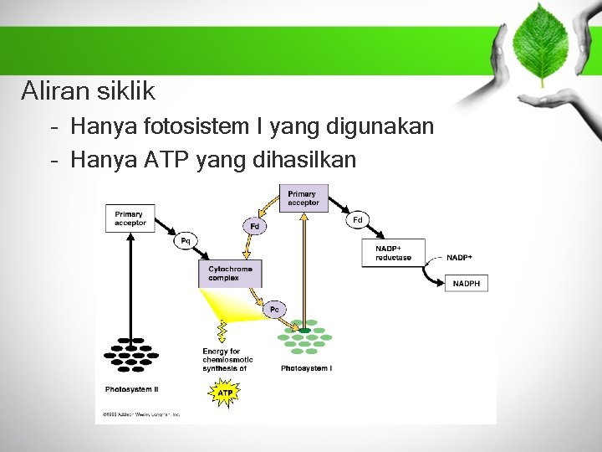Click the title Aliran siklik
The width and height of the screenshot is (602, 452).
(88, 90)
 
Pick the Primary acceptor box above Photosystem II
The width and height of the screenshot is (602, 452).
(130, 218)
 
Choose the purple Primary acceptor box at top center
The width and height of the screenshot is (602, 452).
(303, 198)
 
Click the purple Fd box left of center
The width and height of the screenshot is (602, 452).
(254, 227)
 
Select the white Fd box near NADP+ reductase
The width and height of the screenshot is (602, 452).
(357, 220)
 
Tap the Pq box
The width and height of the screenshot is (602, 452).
(185, 241)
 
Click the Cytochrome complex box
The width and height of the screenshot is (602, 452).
(230, 274)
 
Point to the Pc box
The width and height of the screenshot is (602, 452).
(273, 310)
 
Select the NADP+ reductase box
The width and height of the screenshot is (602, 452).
(393, 253)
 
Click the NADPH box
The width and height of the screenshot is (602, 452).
(467, 284)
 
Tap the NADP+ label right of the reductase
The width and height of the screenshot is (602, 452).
(459, 258)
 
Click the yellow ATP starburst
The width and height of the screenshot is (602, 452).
(225, 392)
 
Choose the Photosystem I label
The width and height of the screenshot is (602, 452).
(306, 368)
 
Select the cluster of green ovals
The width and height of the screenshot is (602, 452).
(304, 338)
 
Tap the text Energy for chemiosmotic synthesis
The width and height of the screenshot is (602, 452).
(227, 360)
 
